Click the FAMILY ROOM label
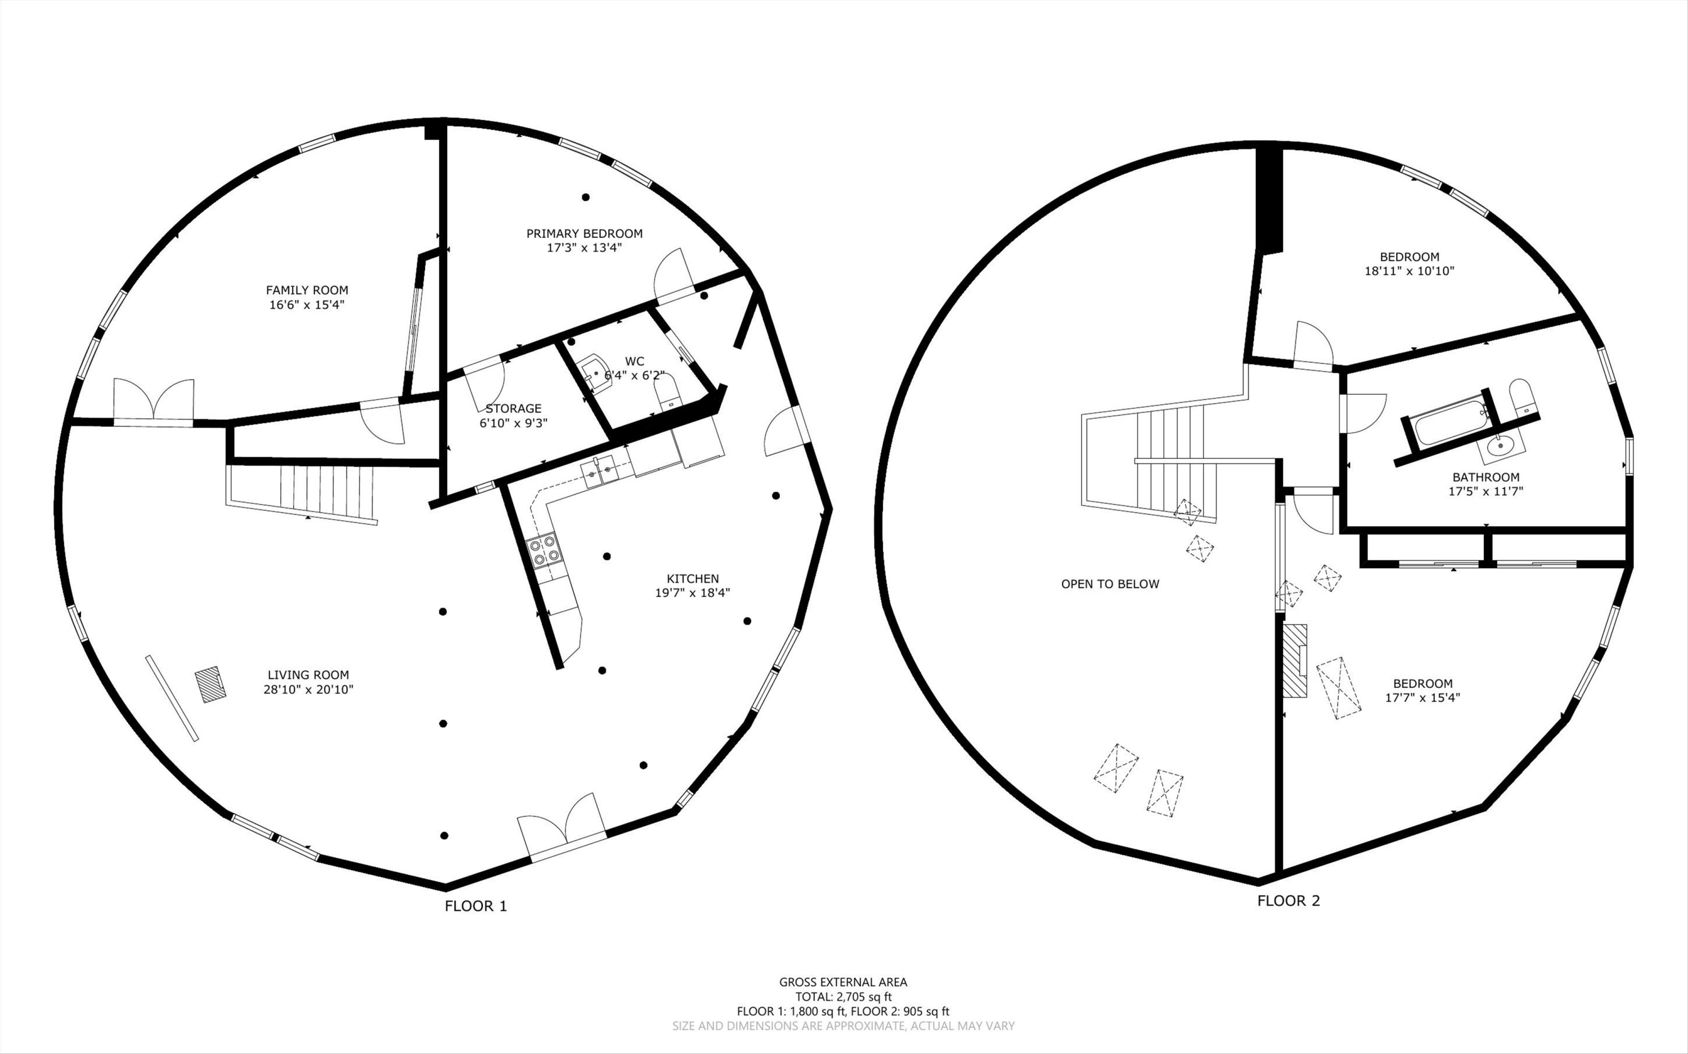pyautogui.click(x=307, y=290)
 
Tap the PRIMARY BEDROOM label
pyautogui.click(x=584, y=233)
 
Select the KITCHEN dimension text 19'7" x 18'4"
pyautogui.click(x=692, y=593)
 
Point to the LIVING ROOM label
pyautogui.click(x=308, y=675)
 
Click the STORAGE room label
pyautogui.click(x=513, y=408)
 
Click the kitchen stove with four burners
pyautogui.click(x=545, y=549)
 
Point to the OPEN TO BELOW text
pyautogui.click(x=1110, y=584)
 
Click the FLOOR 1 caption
pyautogui.click(x=476, y=906)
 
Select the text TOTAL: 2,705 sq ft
pyautogui.click(x=843, y=997)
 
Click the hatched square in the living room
pyautogui.click(x=209, y=684)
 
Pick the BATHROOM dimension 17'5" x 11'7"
pyautogui.click(x=1486, y=492)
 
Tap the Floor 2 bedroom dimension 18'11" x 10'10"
pyautogui.click(x=1409, y=271)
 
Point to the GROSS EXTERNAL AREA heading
pyautogui.click(x=843, y=982)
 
